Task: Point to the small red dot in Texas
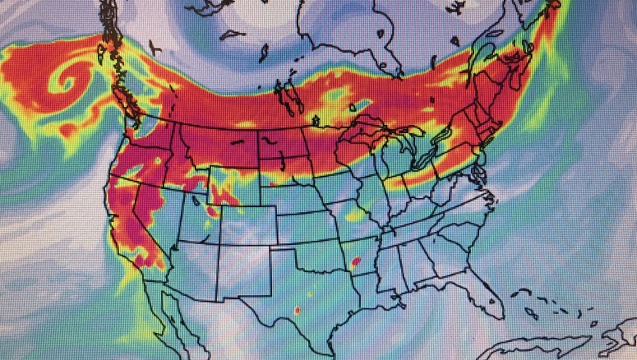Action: tap(297, 310)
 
